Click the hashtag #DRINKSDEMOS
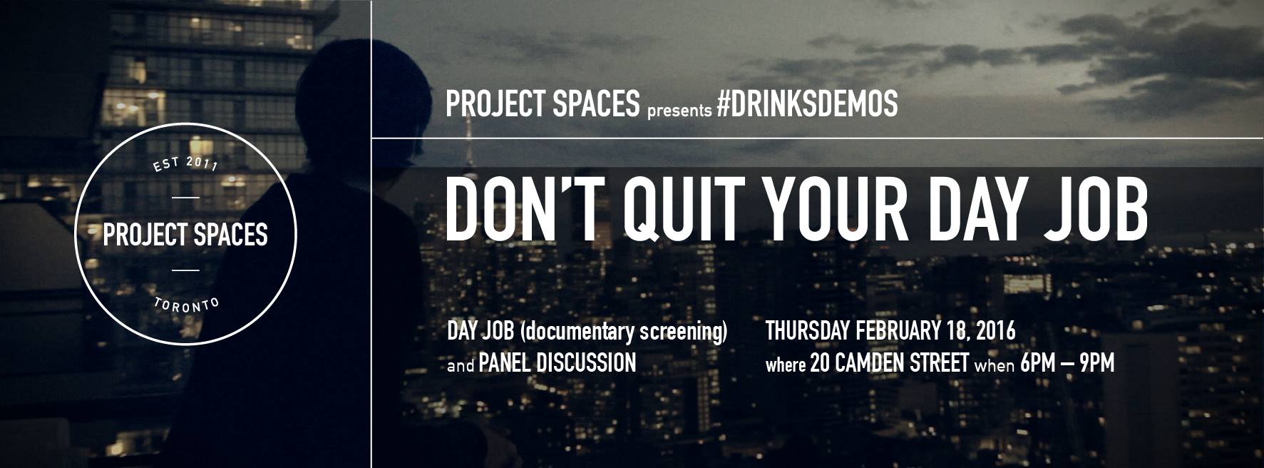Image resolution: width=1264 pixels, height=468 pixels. pyautogui.click(x=807, y=105)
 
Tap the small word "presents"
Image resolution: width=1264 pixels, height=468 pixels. pyautogui.click(x=679, y=110)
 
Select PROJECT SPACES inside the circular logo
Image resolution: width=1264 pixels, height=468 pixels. pyautogui.click(x=185, y=234)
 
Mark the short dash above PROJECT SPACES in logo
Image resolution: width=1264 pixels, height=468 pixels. pyautogui.click(x=185, y=197)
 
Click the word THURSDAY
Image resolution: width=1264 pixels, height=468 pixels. pyautogui.click(x=808, y=331)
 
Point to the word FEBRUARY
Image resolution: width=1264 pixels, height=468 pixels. pyautogui.click(x=895, y=331)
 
